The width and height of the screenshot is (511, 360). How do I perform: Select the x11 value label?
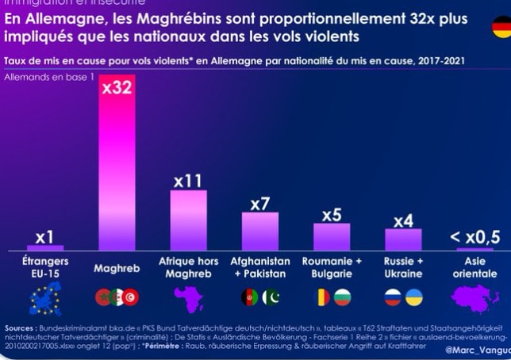(x=187, y=181)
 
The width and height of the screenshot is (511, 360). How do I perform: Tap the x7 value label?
(x=259, y=204)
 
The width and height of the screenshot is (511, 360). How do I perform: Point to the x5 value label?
(x=332, y=215)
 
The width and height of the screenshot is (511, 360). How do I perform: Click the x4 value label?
(x=403, y=220)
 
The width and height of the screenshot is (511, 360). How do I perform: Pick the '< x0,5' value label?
(x=474, y=236)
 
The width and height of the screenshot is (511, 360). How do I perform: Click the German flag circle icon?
(x=502, y=27)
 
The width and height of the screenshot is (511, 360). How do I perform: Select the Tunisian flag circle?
(x=131, y=297)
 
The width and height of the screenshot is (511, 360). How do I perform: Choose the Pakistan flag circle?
(x=271, y=297)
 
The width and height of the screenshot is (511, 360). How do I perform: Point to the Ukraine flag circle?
(x=413, y=297)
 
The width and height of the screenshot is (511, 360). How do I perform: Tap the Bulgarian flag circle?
(x=342, y=297)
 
